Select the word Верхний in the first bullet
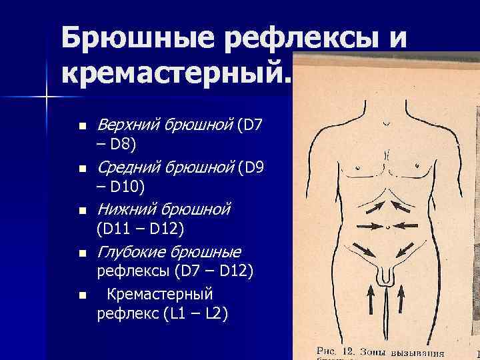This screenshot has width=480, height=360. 127,125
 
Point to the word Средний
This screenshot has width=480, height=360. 127,167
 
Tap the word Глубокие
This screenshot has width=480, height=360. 130,252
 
